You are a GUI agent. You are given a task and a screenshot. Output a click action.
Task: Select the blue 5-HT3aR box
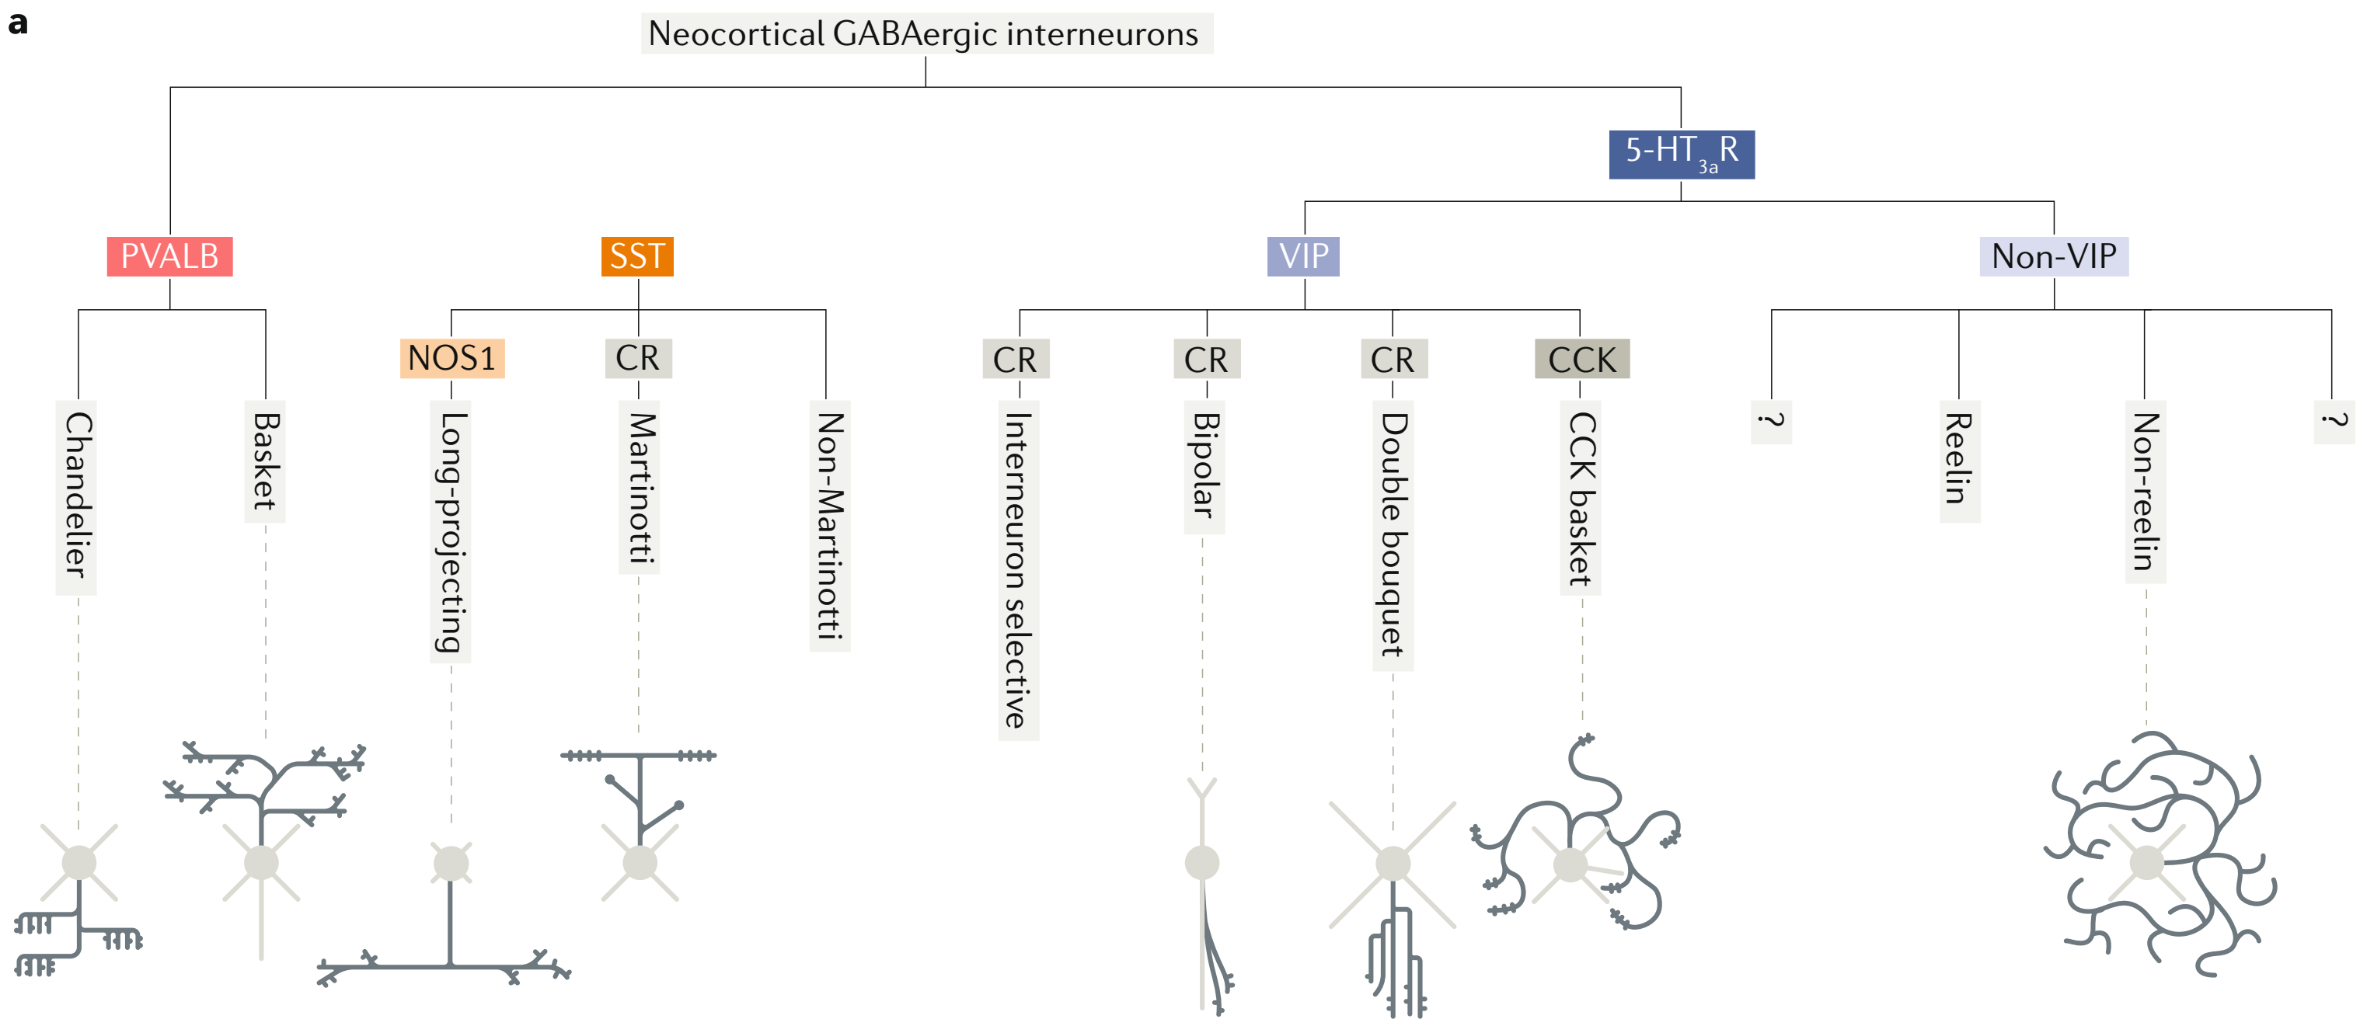pos(1681,153)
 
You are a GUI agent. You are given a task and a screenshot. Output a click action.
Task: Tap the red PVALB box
pos(170,256)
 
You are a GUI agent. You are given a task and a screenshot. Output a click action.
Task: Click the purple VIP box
pos(1303,256)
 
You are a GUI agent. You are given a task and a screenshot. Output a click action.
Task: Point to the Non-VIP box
pos(2053,256)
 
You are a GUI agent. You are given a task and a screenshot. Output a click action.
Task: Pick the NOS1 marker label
pos(452,358)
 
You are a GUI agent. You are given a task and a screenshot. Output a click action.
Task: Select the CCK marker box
pos(1581,359)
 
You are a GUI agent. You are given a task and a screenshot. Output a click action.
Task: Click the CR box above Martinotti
pos(638,358)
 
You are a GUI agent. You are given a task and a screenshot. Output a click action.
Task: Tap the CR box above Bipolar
pos(1205,359)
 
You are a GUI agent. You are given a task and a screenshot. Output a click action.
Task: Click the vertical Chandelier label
pos(77,496)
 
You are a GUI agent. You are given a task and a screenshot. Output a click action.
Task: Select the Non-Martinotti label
pos(830,524)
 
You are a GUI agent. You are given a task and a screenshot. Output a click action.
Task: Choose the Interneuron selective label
pos(1018,569)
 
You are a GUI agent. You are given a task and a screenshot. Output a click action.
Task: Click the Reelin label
pos(1959,459)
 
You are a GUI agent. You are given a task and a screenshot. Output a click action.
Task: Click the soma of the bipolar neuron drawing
pos(1202,862)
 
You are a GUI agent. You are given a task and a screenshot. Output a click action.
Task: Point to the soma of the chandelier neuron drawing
pos(79,862)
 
